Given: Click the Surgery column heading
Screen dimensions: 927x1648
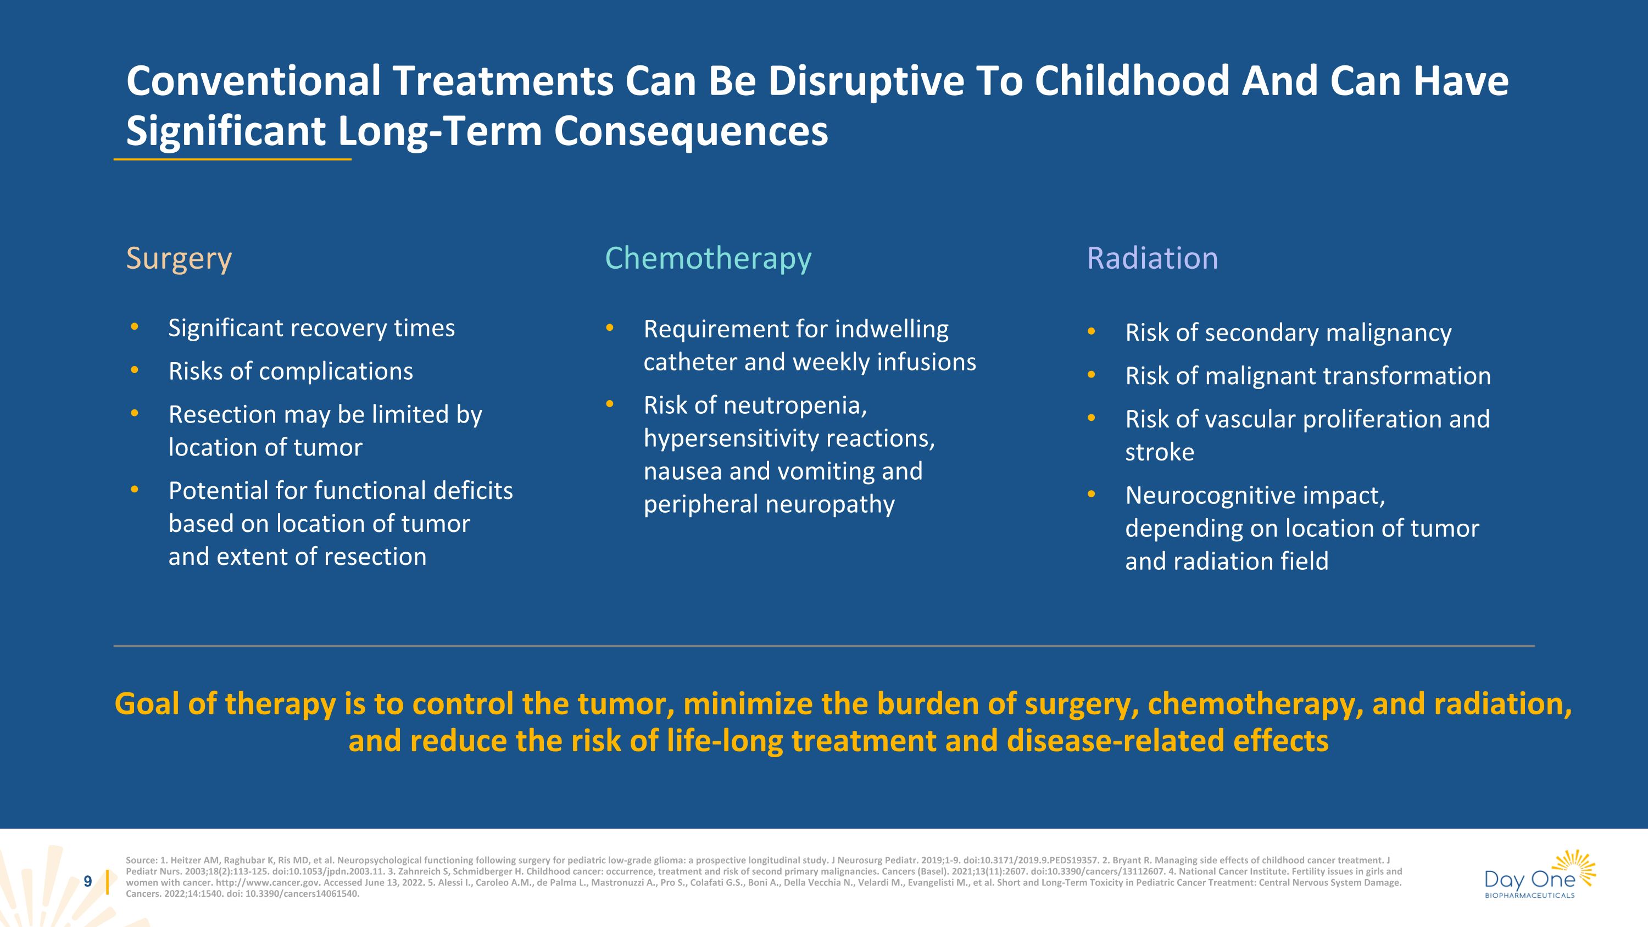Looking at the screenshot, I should [179, 258].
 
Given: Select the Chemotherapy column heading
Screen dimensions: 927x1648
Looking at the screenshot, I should [708, 258].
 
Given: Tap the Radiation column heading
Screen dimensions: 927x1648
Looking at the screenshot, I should [1152, 258].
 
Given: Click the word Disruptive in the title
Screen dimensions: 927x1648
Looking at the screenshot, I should [866, 81].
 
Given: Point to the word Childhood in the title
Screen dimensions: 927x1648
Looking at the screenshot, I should [1132, 81].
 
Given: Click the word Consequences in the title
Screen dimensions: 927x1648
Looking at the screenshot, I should [691, 131].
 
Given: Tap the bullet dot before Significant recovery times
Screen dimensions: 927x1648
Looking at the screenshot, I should [135, 327].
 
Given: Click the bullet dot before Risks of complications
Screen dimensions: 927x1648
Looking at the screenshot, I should [135, 370].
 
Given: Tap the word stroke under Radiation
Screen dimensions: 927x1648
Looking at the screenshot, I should [1159, 452].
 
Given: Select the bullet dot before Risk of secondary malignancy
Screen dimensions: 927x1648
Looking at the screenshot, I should [1092, 331].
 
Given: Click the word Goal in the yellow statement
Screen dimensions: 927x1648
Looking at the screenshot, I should [147, 704].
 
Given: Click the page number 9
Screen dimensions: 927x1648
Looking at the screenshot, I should [88, 881].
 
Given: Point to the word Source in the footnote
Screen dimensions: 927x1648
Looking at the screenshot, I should [140, 861].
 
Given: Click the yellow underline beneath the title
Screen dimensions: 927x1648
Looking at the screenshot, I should [232, 159].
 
